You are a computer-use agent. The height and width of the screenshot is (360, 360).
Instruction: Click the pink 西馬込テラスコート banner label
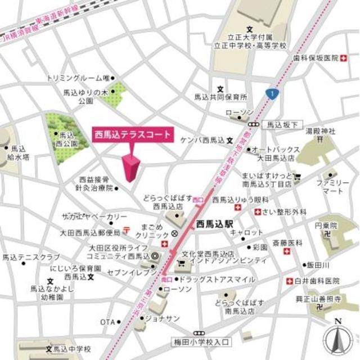coord(132,136)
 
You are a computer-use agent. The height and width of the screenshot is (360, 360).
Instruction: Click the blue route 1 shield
coord(272,92)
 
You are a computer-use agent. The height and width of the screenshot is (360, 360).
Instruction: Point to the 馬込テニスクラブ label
coord(24,258)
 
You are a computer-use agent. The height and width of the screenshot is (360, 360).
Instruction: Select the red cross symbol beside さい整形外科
coord(258,212)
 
